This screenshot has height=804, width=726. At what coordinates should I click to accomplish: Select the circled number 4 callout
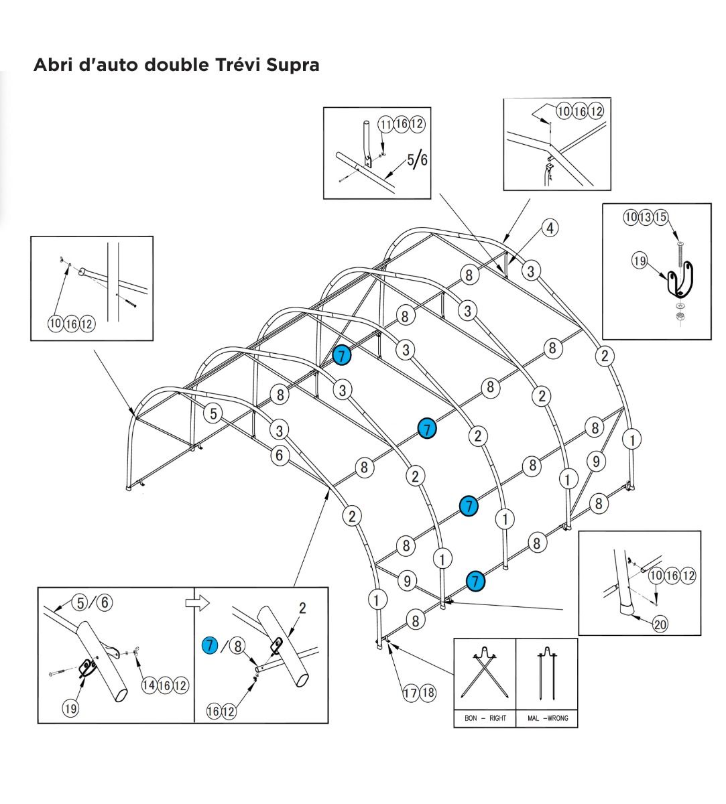(x=550, y=228)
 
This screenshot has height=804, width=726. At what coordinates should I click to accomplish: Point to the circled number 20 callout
(x=660, y=624)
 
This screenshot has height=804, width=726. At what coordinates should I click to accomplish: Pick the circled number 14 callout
(x=149, y=685)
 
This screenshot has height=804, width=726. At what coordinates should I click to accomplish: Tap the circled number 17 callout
(x=411, y=693)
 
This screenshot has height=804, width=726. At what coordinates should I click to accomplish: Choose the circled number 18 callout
(x=427, y=693)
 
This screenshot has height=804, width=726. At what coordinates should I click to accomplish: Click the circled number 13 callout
(x=646, y=217)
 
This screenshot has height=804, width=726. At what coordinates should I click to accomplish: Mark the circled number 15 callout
(x=661, y=217)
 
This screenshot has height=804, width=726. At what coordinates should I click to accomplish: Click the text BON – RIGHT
(x=485, y=718)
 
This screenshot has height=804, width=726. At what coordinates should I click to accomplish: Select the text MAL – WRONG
(x=547, y=718)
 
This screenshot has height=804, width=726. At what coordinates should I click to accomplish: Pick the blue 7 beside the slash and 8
(x=210, y=646)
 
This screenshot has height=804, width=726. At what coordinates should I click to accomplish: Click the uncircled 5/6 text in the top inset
(x=416, y=159)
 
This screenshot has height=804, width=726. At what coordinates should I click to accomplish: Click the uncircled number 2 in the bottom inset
(x=302, y=608)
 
